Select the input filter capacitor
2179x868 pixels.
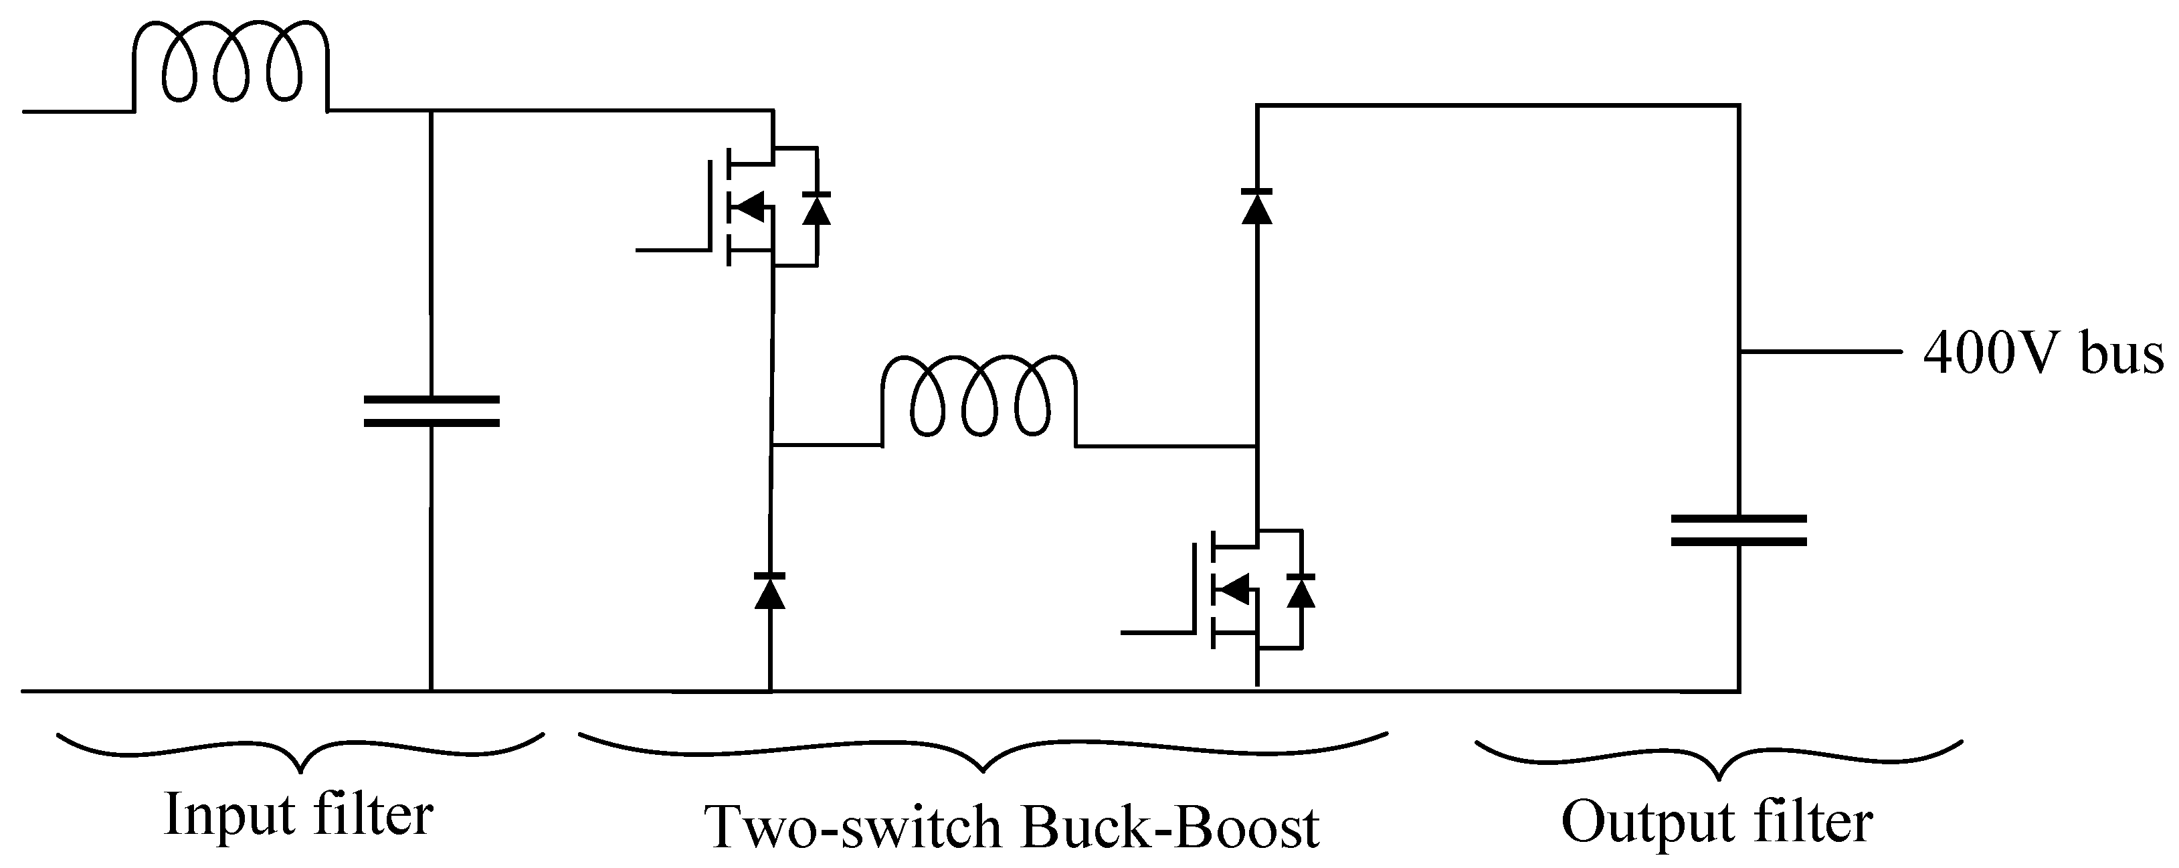coord(432,410)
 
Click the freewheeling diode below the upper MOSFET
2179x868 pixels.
coord(770,590)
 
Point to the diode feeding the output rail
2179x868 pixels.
coord(1256,205)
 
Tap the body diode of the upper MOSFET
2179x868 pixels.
coord(816,207)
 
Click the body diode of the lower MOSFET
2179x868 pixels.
coord(1301,590)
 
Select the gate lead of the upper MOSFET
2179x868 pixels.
coord(672,250)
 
